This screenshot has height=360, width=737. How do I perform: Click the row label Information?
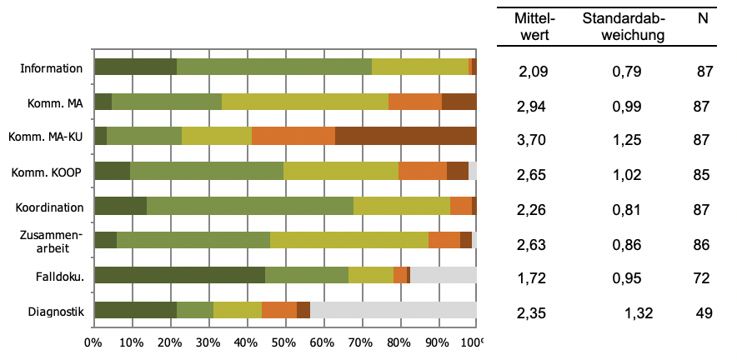(52, 68)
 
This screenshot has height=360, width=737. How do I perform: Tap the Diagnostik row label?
(53, 312)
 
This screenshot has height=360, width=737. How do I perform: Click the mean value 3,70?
(532, 141)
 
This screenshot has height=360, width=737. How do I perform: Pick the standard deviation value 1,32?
(639, 313)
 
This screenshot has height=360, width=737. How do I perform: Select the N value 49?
(704, 313)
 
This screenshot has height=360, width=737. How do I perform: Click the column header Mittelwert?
(534, 27)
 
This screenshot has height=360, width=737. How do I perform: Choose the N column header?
(703, 18)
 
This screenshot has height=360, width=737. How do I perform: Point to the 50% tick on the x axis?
(284, 341)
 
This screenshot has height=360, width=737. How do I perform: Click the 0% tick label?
(93, 341)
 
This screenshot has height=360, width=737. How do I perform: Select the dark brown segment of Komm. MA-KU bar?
(405, 137)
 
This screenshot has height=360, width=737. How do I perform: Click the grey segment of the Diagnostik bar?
(393, 310)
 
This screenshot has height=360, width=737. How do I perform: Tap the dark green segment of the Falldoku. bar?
(179, 275)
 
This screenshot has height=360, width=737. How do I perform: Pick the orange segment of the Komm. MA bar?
(414, 102)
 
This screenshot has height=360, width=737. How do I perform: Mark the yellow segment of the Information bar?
(419, 67)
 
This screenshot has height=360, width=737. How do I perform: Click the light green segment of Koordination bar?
(249, 206)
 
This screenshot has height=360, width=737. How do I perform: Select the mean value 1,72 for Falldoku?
(532, 278)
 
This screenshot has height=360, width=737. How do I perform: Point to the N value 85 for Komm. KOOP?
(701, 176)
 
